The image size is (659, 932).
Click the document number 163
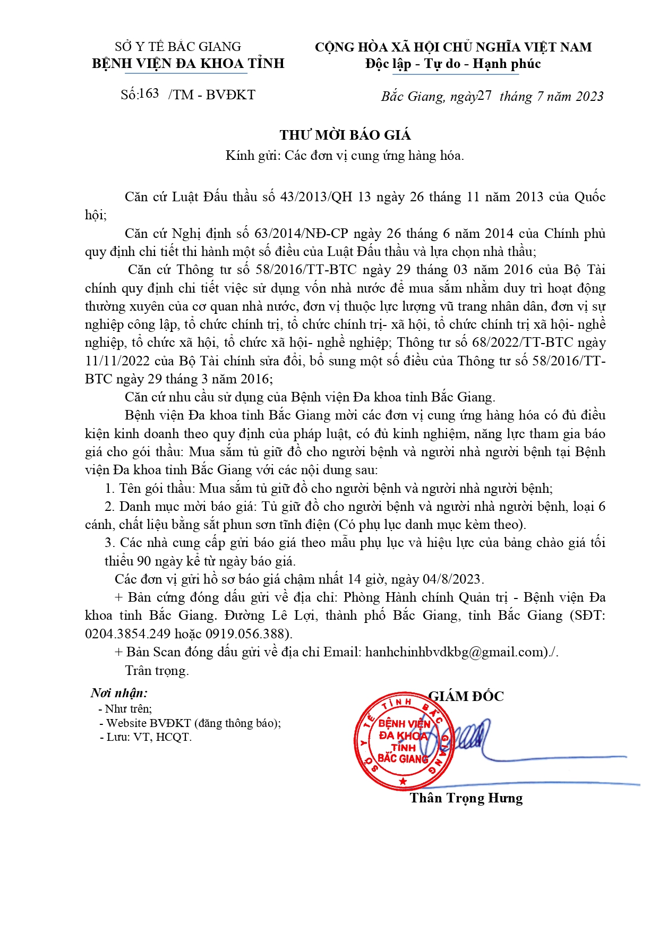[x=149, y=94]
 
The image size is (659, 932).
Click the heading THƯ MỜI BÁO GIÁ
[x=345, y=135]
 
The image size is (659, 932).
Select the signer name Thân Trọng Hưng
[x=466, y=798]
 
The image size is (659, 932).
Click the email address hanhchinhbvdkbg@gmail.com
[x=456, y=652]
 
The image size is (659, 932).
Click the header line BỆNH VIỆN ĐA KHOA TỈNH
[x=188, y=64]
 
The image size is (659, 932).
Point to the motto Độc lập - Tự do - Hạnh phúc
[x=453, y=64]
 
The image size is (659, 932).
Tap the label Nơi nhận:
[x=119, y=693]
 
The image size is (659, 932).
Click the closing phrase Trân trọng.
[x=157, y=671]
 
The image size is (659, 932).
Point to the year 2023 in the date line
[x=589, y=96]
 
